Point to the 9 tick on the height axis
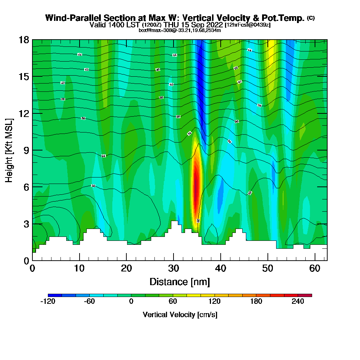(x=26, y=150)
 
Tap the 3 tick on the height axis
(x=26, y=224)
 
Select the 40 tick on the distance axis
(x=221, y=268)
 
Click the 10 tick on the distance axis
(x=79, y=268)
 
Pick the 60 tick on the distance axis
(x=315, y=268)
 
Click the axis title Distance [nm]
(x=180, y=282)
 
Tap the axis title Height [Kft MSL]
(x=9, y=150)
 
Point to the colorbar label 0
(x=131, y=302)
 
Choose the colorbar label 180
(x=256, y=302)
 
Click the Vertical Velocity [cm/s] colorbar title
(x=180, y=315)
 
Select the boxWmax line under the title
(x=180, y=30)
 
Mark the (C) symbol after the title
(x=311, y=18)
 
